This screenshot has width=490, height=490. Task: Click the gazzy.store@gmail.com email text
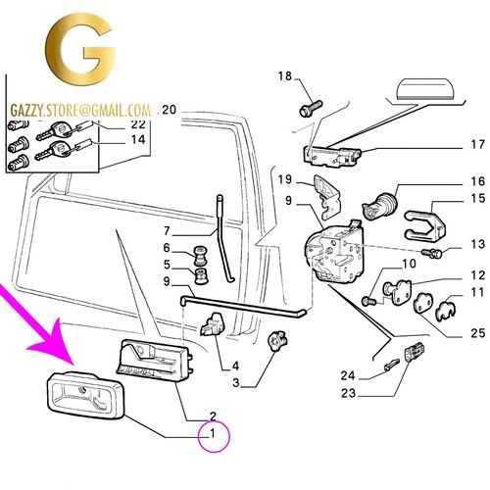coord(80,111)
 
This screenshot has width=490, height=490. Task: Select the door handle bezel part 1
coord(85,395)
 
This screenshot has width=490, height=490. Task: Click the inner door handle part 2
coord(154,360)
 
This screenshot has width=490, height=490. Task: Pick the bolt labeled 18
coord(311,109)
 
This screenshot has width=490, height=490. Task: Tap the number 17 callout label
coord(477,144)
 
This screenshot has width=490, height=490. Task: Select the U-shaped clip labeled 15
coord(424,222)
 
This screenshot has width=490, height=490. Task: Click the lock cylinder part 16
coord(380,205)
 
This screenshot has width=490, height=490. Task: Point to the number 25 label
coord(477,333)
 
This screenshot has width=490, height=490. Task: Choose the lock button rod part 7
coord(221,238)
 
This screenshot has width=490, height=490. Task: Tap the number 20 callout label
coord(169,110)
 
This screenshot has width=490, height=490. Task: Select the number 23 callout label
coord(349,393)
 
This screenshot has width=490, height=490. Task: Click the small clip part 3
coord(277,341)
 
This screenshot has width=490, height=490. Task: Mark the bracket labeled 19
coord(326,197)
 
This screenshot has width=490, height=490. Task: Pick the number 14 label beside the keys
coord(138,140)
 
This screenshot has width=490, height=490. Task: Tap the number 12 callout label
coord(477,275)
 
